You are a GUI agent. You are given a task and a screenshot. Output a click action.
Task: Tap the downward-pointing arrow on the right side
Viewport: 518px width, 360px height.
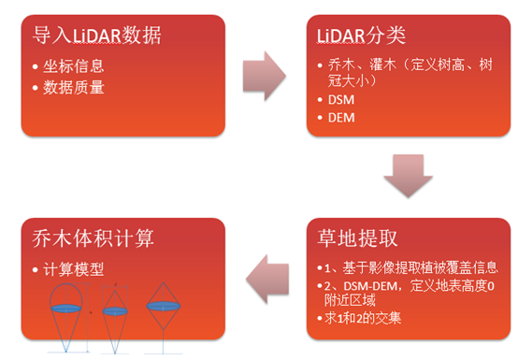click(x=409, y=179)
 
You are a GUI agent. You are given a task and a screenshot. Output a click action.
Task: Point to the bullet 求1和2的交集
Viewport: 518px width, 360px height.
click(x=369, y=320)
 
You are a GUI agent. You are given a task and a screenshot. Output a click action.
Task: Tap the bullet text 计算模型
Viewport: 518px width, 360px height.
click(x=74, y=268)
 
